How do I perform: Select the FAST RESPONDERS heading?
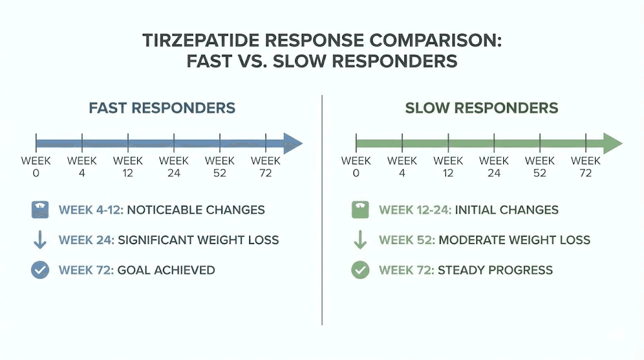point(162,108)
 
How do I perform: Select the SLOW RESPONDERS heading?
point(481,108)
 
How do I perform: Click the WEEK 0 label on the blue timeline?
point(36,167)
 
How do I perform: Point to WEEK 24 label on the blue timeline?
point(174,167)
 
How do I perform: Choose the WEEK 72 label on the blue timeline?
point(265,167)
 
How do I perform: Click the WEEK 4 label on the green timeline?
point(402,167)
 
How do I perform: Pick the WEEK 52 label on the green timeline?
point(540,167)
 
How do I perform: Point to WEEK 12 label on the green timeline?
point(448,167)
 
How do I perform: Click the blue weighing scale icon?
point(40,210)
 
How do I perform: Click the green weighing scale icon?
point(360,210)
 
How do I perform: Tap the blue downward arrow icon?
point(40,240)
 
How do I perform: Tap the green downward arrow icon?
point(360,240)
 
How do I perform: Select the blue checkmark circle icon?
point(40,270)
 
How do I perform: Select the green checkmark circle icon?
point(360,270)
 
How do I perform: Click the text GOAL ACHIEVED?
point(166,270)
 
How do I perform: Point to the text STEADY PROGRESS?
point(495,270)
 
